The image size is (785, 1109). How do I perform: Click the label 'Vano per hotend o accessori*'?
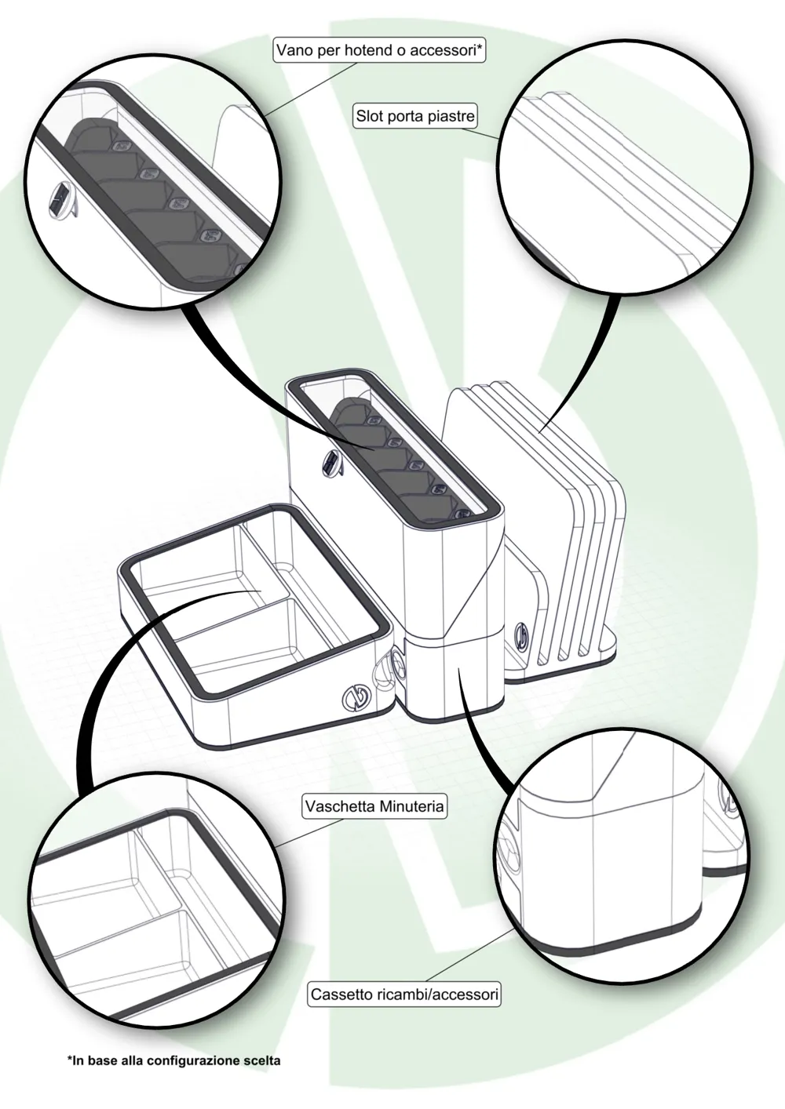(x=380, y=50)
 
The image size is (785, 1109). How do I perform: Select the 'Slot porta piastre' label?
(x=415, y=116)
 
